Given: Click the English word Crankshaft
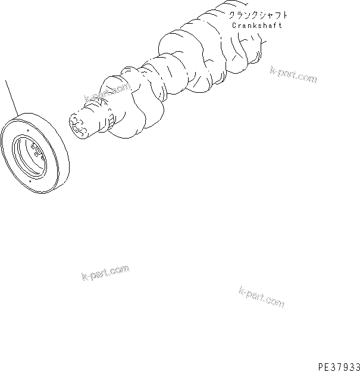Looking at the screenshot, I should [x=257, y=26].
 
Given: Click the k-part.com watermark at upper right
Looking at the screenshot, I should [x=293, y=75].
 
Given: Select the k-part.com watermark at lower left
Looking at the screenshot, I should [x=105, y=273].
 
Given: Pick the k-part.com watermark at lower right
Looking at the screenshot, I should [x=261, y=295].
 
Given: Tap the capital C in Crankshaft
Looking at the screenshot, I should [x=233, y=26].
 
